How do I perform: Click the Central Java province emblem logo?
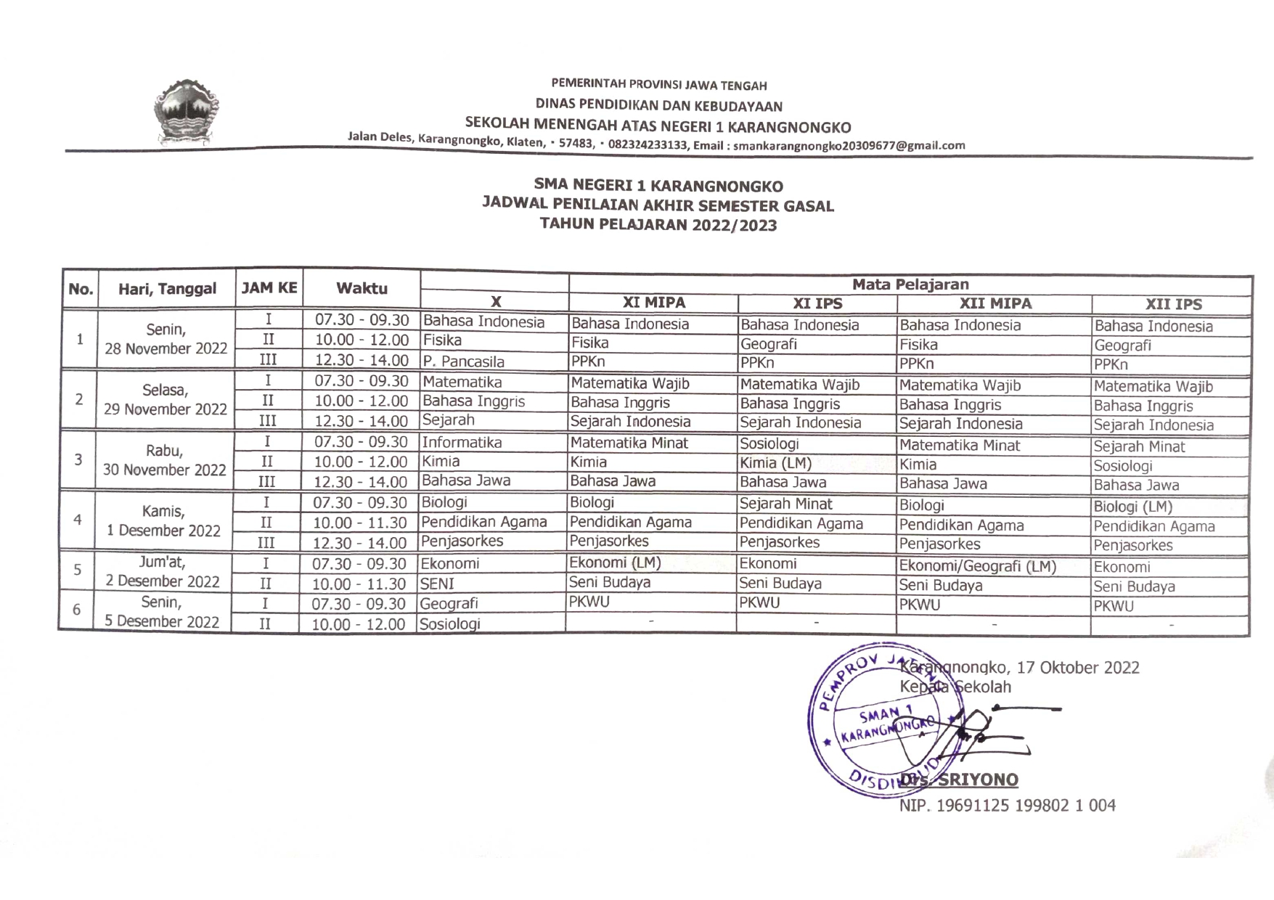(x=186, y=112)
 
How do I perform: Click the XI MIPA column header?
(x=653, y=303)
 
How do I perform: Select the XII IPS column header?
(x=1173, y=305)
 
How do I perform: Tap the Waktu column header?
(x=362, y=288)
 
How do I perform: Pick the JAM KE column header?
(x=269, y=288)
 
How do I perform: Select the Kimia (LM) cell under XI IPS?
(x=775, y=463)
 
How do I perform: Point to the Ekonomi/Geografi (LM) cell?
(x=977, y=566)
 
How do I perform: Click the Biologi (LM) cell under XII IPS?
(x=1132, y=507)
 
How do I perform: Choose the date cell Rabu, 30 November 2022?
(x=165, y=461)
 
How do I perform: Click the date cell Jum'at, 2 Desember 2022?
(x=163, y=571)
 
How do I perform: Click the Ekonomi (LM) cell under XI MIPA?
(x=615, y=562)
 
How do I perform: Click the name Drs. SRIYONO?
(x=960, y=780)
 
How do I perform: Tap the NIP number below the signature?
(x=1007, y=805)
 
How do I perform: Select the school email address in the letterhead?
(x=849, y=146)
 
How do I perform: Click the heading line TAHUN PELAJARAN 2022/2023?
(x=658, y=225)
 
